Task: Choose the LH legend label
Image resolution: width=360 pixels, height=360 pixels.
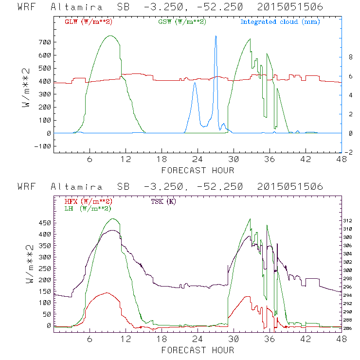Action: (87, 208)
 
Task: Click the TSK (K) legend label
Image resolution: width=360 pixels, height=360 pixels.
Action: (165, 201)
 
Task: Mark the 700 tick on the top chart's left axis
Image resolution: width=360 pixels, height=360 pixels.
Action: (44, 42)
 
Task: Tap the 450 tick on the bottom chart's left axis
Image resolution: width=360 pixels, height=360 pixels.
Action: (44, 223)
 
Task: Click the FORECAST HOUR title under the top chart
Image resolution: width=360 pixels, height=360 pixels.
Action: (198, 170)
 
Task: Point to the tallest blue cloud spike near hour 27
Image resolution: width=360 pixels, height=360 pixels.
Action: (216, 36)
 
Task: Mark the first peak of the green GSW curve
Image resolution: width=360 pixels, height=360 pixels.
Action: (110, 36)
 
